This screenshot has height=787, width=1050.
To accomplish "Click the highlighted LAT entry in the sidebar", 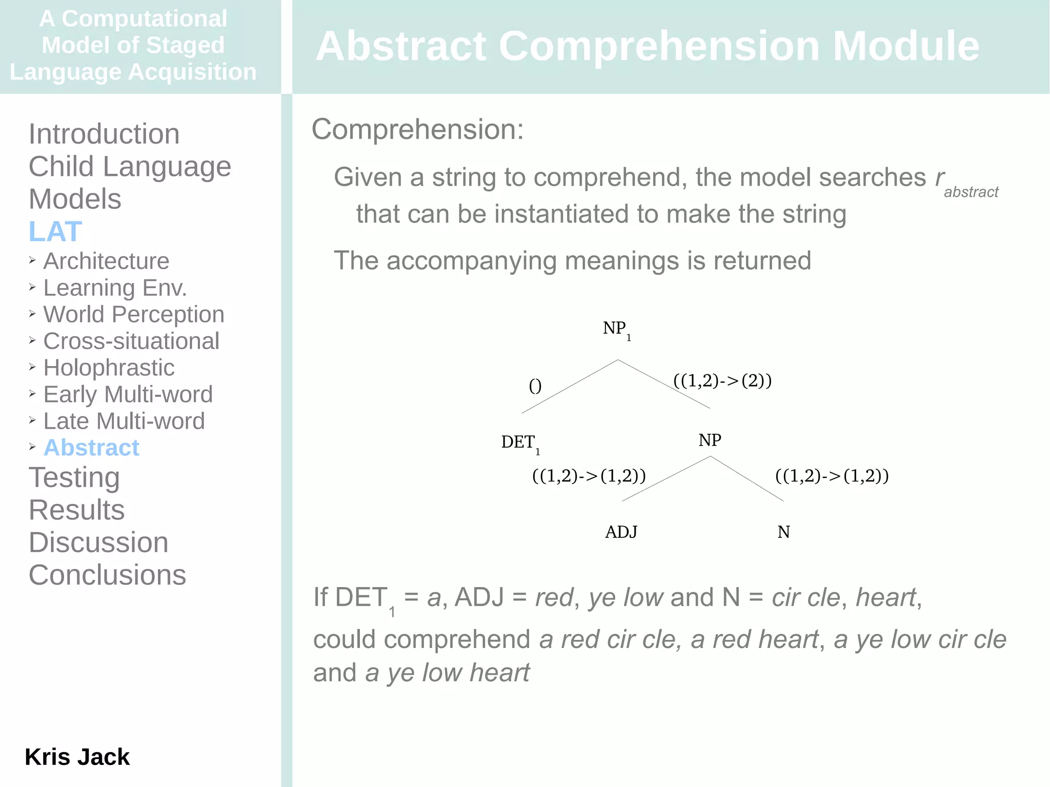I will tap(55, 231).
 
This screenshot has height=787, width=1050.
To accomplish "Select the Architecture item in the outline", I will tap(106, 261).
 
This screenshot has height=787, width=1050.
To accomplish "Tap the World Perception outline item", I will tap(133, 314).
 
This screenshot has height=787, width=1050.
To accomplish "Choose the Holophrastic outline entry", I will tap(109, 368).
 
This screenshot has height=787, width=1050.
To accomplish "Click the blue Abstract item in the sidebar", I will tap(91, 448).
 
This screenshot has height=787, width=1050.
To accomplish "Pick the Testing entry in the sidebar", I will tap(74, 477).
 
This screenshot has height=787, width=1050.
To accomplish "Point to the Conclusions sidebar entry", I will tap(107, 575).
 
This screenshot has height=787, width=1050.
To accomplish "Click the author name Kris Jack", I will tap(77, 757).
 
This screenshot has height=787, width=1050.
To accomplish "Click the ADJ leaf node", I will tap(621, 532).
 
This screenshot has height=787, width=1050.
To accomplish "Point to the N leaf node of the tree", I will tap(783, 532).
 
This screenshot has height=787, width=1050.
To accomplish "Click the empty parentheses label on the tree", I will tap(535, 386).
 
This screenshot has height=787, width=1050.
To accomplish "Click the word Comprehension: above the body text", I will tap(417, 129).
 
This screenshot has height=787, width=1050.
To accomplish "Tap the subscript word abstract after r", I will tap(971, 192).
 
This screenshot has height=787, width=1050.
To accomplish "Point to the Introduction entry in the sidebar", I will tap(104, 134).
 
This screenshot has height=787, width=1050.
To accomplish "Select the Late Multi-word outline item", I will tap(124, 421).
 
